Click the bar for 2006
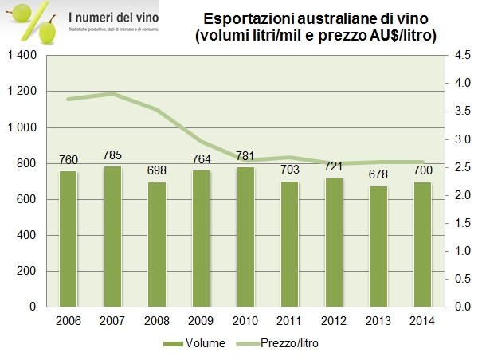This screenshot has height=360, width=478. (69, 239)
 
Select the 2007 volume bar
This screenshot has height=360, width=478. (113, 237)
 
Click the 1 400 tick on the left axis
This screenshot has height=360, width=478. (24, 55)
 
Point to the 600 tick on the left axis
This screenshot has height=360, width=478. (30, 199)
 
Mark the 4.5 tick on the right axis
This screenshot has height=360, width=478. (461, 55)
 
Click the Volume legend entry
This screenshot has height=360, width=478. (199, 343)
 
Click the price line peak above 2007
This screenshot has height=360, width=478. (113, 93)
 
